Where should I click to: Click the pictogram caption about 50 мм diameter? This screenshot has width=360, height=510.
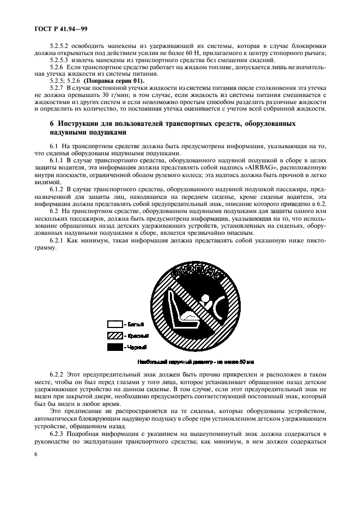click(197, 361)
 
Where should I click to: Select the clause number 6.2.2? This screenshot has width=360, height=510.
click(57, 376)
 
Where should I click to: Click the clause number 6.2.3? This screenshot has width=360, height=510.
click(57, 433)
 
